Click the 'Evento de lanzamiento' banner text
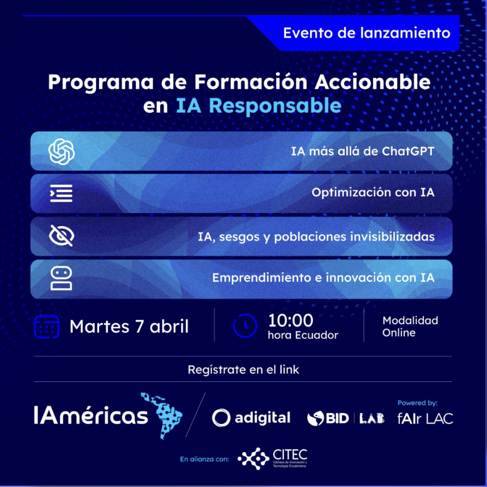[367, 33]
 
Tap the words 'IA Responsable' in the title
[259, 106]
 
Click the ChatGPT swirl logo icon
[62, 151]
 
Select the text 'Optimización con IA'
[373, 192]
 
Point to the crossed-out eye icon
[62, 236]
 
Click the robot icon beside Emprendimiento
[61, 278]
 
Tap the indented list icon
[61, 193]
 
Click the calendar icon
[47, 326]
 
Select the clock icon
[245, 326]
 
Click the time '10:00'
[290, 320]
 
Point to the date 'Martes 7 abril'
[129, 327]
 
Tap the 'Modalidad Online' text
[410, 326]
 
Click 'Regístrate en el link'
[243, 369]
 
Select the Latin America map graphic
[161, 415]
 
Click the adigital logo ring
[221, 418]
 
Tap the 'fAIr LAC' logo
[425, 419]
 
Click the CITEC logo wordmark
[290, 455]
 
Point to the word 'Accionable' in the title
[373, 82]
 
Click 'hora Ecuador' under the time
[303, 335]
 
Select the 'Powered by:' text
[417, 403]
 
